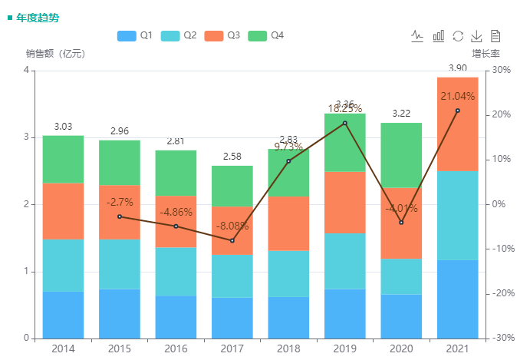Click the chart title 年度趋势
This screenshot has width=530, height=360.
pyautogui.click(x=37, y=18)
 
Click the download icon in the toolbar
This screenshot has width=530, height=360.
pyautogui.click(x=476, y=35)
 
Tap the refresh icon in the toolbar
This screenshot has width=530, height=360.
pyautogui.click(x=458, y=35)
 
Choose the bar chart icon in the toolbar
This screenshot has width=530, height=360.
pyautogui.click(x=439, y=35)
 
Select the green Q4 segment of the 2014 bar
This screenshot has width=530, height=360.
pyautogui.click(x=63, y=159)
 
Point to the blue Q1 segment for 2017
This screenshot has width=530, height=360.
pyautogui.click(x=232, y=318)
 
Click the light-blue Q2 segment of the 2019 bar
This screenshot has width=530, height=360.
pyautogui.click(x=344, y=261)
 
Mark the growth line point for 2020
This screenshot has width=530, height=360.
pyautogui.click(x=401, y=223)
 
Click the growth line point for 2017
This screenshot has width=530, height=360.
pyautogui.click(x=232, y=240)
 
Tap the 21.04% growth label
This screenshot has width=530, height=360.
pyautogui.click(x=457, y=97)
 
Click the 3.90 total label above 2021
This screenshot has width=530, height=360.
pyautogui.click(x=457, y=68)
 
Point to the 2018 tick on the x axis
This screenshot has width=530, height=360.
pyautogui.click(x=288, y=349)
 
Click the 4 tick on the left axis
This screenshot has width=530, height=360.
pyautogui.click(x=27, y=70)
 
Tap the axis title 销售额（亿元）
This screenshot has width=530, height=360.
pyautogui.click(x=55, y=54)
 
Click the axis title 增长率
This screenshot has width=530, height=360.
pyautogui.click(x=486, y=54)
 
